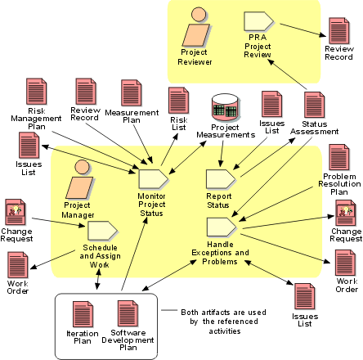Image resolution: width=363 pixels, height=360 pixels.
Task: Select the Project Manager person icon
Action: coord(80,179)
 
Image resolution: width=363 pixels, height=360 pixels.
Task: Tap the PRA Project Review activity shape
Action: coord(258,21)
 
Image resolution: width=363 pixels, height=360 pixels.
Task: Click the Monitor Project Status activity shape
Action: coord(154,179)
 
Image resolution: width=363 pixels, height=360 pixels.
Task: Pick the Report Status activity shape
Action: coord(221,179)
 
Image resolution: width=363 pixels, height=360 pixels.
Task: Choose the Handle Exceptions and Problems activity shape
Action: coord(222,227)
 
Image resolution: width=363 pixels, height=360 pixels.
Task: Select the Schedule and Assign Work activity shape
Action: coord(102,231)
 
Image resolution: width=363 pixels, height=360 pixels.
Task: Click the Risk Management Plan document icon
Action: coord(37,92)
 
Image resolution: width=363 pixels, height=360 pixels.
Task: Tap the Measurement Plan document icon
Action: coord(132,92)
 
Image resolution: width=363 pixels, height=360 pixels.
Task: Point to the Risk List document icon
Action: coord(179,101)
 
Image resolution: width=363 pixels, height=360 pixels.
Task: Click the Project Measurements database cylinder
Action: coord(226,108)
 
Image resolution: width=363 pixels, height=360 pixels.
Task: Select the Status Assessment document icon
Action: coord(315,105)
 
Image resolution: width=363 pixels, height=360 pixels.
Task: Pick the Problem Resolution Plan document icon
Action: coord(339,157)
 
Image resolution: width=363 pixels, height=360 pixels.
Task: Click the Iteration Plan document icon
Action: coord(83,314)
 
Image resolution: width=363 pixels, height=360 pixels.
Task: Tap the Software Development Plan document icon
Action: coord(128,313)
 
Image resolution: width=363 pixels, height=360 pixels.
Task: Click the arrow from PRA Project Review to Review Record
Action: coord(302,29)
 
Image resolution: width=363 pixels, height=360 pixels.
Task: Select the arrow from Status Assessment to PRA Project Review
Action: coord(288,74)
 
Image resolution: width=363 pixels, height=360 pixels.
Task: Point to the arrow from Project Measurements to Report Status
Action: coord(222,154)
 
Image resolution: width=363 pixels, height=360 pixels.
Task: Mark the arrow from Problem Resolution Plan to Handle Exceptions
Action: coord(276,204)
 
